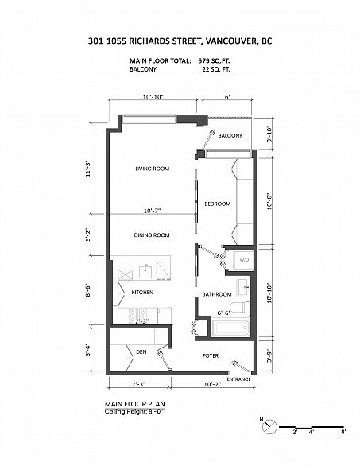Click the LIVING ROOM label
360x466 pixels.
tap(153, 169)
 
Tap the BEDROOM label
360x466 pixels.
tap(218, 204)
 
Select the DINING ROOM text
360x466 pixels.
tap(152, 235)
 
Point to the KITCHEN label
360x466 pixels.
tap(142, 293)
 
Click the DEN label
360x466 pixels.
tap(141, 351)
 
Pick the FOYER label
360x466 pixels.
tap(211, 355)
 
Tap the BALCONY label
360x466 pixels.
tap(230, 135)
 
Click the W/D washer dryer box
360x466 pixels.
tap(243, 260)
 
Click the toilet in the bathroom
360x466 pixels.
tap(240, 307)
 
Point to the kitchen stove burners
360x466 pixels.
tap(137, 316)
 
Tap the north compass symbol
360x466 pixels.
tap(269, 427)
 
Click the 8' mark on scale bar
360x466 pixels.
tap(343, 432)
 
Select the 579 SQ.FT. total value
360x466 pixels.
tap(214, 61)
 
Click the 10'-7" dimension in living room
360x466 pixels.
tap(152, 211)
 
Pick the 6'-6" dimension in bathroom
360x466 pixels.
tap(225, 313)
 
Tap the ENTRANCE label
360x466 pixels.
tap(239, 379)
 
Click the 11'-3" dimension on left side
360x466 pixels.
tap(87, 169)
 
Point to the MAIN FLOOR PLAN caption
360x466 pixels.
tap(135, 404)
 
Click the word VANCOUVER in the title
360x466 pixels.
tap(230, 41)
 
